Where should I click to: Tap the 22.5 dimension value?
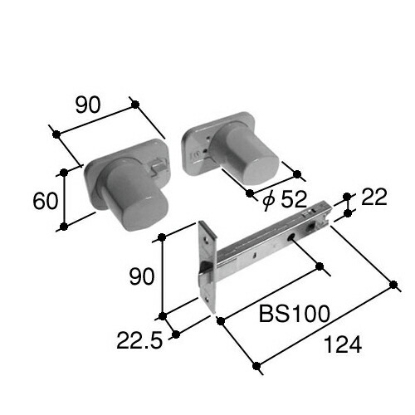[x=139, y=340]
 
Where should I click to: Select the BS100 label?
[x=295, y=314]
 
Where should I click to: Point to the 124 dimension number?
[x=343, y=344]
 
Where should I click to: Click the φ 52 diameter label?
[x=286, y=199]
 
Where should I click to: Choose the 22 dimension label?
[x=374, y=198]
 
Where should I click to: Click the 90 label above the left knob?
[x=88, y=105]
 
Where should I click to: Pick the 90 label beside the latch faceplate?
[x=142, y=276]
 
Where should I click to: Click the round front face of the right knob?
[x=261, y=168]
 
